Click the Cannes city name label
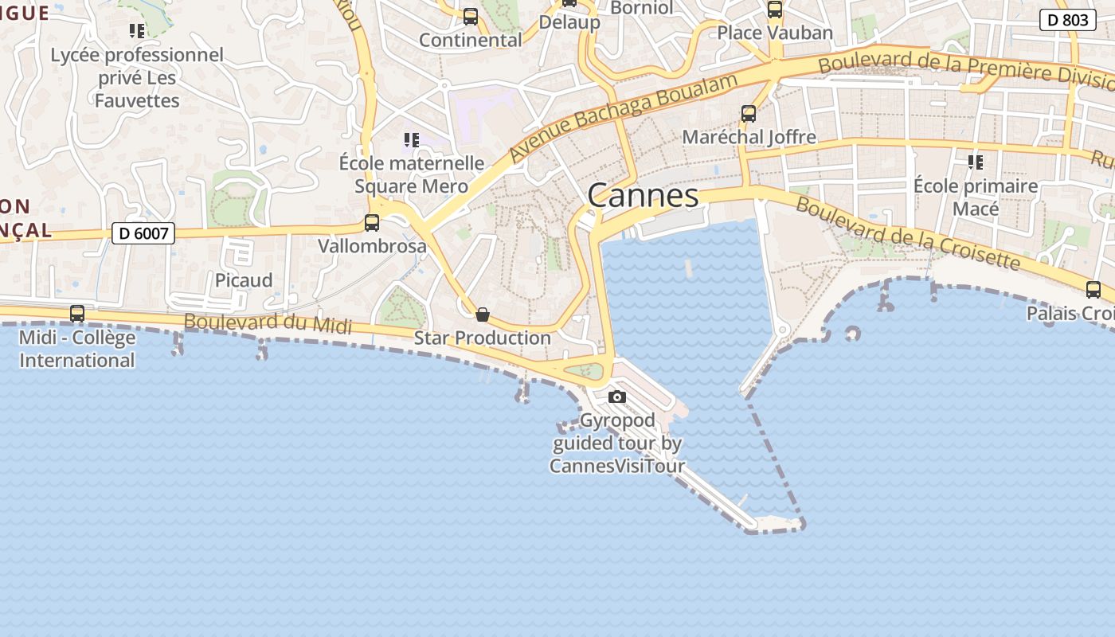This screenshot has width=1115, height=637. pos(643,196)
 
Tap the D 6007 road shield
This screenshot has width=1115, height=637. pos(143,233)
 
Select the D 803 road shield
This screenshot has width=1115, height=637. pos(1067,20)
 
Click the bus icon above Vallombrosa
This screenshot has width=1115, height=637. pos(372,223)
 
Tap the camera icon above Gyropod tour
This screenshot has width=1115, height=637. pos(616,397)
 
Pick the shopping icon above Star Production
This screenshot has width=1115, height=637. pos(482,315)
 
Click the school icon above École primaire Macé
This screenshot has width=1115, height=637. pos(976,162)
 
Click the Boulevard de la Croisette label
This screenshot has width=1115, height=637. pos(908,233)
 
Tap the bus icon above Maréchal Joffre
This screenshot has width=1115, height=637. pos(749,114)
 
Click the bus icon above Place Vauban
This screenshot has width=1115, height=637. pos(774,10)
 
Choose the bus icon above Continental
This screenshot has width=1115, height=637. pos(471,17)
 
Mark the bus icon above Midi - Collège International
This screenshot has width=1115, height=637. pos(77,314)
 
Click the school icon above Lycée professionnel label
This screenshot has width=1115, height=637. pos(137,31)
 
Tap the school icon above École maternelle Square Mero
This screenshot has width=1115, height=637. pos(411,140)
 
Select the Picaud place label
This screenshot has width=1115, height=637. pos(244,280)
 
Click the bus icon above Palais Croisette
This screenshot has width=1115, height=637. pos(1093,290)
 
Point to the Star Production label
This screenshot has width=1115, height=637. pos(482,338)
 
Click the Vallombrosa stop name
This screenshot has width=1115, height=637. pos(372,246)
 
